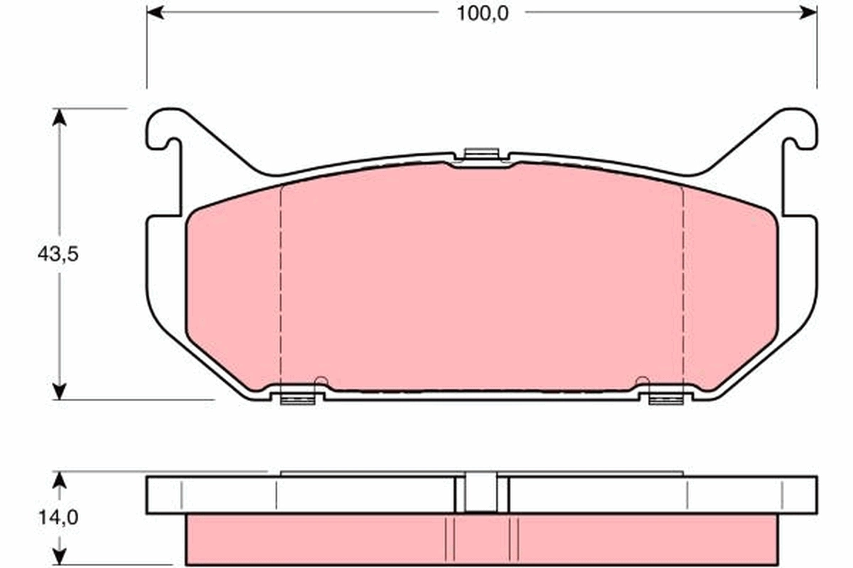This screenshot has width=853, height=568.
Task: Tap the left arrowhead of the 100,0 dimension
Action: click(x=155, y=12)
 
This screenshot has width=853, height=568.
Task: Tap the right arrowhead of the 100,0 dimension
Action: click(x=809, y=12)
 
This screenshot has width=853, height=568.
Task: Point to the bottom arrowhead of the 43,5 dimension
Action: click(x=60, y=391)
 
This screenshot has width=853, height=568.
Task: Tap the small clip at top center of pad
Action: click(x=481, y=154)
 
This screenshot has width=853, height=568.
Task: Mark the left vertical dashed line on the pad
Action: click(x=282, y=284)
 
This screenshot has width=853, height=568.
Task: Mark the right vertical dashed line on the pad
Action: click(x=683, y=284)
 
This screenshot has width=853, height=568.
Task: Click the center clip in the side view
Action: click(x=481, y=492)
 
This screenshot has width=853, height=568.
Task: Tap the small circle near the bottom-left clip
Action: click(x=321, y=381)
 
